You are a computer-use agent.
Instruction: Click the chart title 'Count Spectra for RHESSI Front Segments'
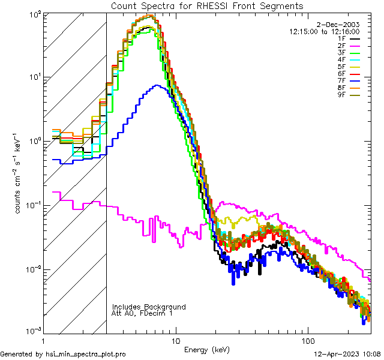207,5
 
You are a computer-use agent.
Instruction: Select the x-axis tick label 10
175,341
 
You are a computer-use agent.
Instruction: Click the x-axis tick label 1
40,341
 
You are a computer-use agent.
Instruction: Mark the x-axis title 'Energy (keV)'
206,349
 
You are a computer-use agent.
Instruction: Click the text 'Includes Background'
149,307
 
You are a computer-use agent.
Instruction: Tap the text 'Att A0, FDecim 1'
142,313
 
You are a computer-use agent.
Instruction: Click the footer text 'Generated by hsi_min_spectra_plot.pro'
63,355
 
